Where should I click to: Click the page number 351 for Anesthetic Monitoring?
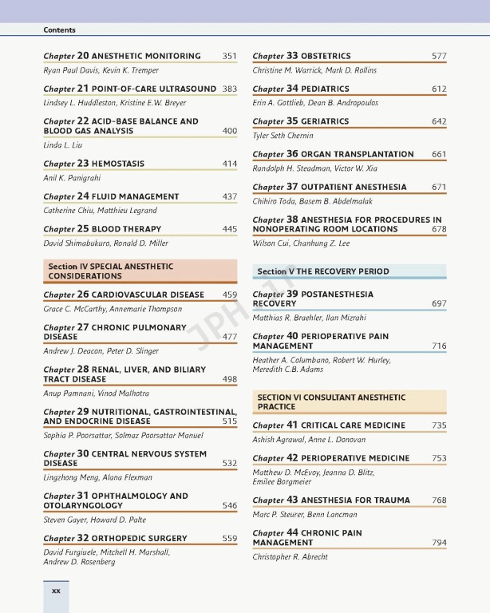(x=229, y=56)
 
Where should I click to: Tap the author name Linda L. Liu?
(x=64, y=145)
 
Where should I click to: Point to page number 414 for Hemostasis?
(x=229, y=164)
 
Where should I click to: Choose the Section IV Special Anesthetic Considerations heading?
(x=140, y=271)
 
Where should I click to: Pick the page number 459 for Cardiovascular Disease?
(x=229, y=295)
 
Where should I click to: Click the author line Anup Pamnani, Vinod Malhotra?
(x=96, y=394)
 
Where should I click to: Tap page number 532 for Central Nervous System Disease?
(x=229, y=463)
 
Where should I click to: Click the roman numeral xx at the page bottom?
(x=56, y=591)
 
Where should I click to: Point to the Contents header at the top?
(x=60, y=30)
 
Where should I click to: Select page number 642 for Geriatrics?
(x=439, y=121)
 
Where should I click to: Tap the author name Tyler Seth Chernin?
(x=283, y=136)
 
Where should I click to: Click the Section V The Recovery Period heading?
(x=323, y=271)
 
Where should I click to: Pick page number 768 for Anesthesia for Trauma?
(x=439, y=500)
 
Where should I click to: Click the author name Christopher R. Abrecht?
(x=290, y=557)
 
